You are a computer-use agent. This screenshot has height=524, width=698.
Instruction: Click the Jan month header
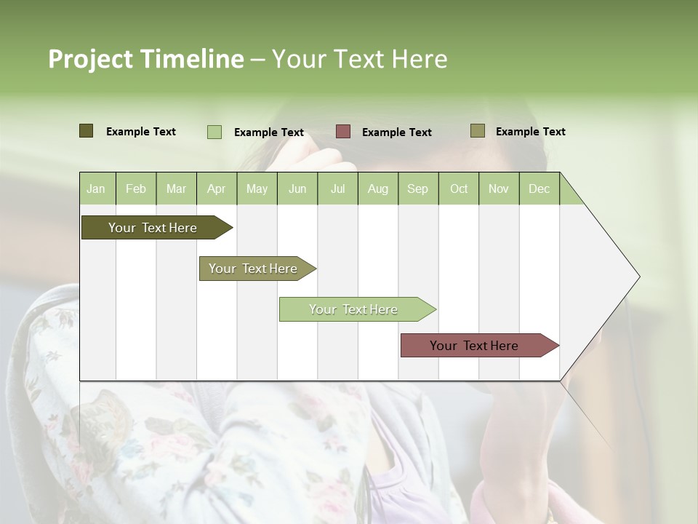96,188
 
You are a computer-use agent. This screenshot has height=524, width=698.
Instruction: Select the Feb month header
136,188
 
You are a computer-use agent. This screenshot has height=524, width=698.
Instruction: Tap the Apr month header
216,188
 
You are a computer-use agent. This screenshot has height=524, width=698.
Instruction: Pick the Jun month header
297,188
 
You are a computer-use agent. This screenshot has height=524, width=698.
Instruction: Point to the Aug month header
377,188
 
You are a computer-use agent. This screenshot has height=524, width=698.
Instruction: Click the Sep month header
417,188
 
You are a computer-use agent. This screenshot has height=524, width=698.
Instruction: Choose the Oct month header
459,188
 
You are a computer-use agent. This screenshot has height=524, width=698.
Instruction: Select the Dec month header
539,188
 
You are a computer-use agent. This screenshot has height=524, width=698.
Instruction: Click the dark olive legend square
86,131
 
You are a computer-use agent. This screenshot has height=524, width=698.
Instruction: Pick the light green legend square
214,132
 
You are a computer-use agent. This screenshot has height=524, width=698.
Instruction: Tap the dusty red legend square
343,131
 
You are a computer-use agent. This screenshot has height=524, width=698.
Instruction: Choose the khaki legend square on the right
478,131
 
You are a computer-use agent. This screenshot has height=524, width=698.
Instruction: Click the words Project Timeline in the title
145,59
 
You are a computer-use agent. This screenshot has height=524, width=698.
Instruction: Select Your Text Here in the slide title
359,59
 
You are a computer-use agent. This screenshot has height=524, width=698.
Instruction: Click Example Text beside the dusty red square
396,132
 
